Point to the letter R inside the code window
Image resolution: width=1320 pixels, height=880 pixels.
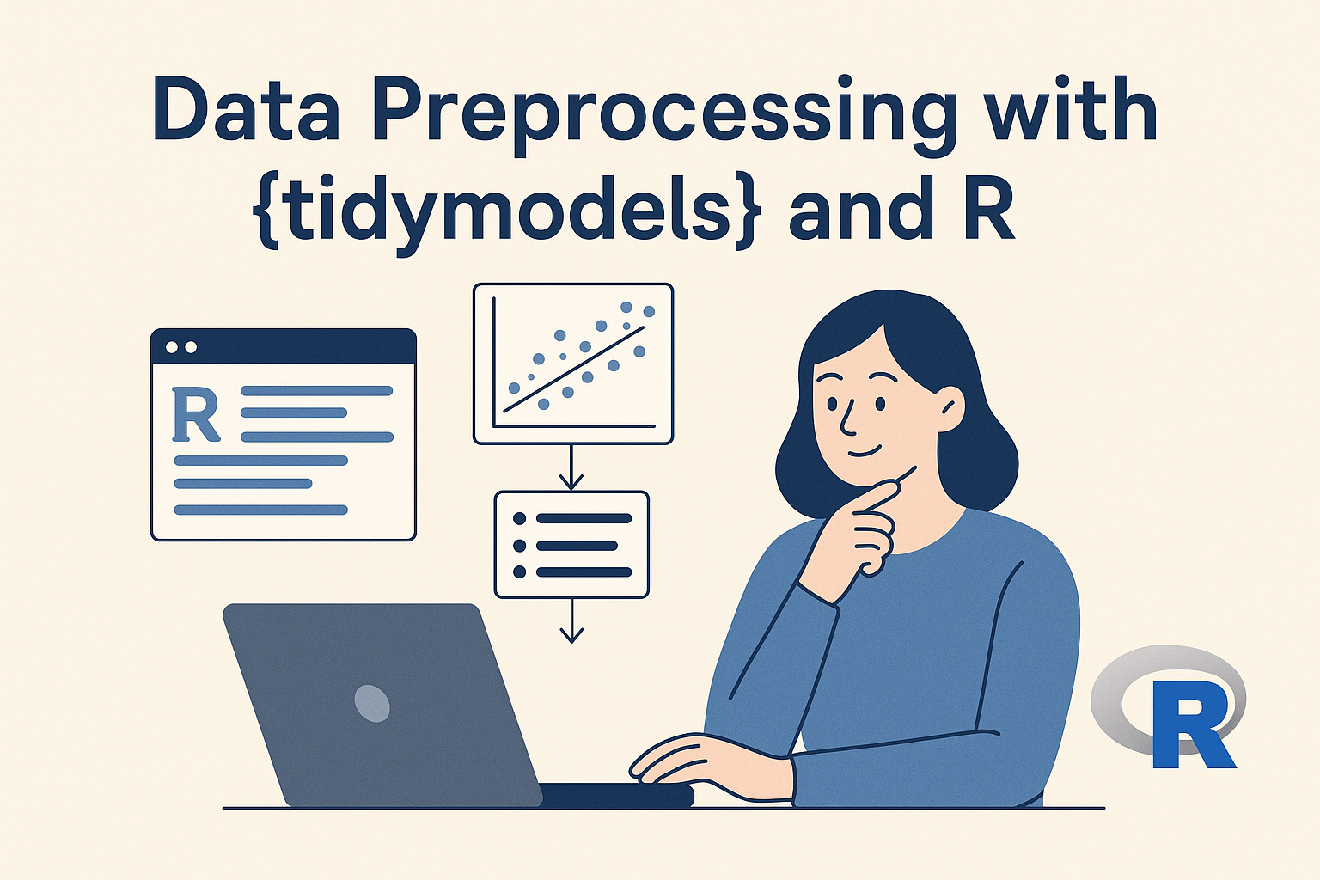click(x=196, y=414)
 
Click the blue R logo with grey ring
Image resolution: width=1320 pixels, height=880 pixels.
click(x=1169, y=707)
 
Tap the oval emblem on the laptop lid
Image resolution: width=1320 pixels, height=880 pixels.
click(x=372, y=703)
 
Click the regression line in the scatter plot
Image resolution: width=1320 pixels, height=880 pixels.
click(x=573, y=370)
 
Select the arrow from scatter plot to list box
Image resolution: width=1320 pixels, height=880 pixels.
click(x=571, y=467)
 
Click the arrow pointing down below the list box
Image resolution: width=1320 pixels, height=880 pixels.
click(x=571, y=620)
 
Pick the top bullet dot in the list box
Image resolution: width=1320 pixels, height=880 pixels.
click(x=520, y=519)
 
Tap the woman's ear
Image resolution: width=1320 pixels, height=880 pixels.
click(x=948, y=407)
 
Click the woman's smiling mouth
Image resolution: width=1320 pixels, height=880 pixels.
click(x=865, y=451)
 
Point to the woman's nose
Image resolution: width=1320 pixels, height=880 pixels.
click(x=847, y=419)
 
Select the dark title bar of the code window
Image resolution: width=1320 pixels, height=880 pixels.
click(x=284, y=346)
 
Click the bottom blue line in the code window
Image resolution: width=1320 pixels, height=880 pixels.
click(x=261, y=510)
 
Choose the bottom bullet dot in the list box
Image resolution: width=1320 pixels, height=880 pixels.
click(x=520, y=571)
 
